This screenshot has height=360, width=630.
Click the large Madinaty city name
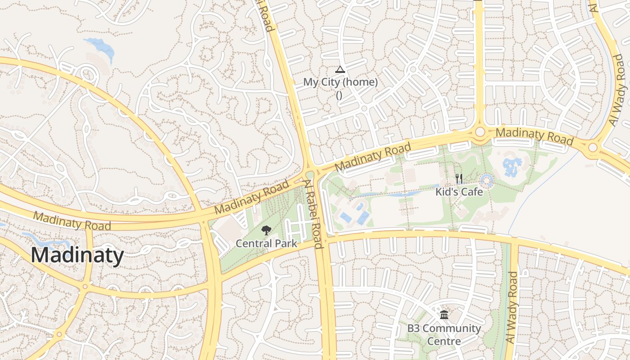[x=77, y=256]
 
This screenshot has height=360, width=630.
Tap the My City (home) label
[x=340, y=82]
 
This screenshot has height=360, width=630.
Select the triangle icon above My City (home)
[x=340, y=69]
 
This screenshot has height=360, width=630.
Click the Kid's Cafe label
[x=459, y=192]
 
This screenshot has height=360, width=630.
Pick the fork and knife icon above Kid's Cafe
[x=459, y=179]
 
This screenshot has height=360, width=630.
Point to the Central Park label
[x=266, y=243]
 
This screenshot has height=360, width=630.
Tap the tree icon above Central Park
[x=266, y=231]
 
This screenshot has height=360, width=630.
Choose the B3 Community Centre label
[x=444, y=334]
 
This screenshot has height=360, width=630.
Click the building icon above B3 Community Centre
[x=444, y=315]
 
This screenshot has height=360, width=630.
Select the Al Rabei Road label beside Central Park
[x=313, y=214]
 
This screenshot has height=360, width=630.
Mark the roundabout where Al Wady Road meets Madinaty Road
[x=593, y=147]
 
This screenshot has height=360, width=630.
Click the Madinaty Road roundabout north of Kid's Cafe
[x=480, y=131]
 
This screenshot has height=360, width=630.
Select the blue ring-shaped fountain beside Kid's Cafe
[x=486, y=181]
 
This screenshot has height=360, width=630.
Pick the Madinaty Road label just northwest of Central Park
[x=252, y=198]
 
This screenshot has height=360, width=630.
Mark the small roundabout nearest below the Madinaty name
[x=85, y=286]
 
